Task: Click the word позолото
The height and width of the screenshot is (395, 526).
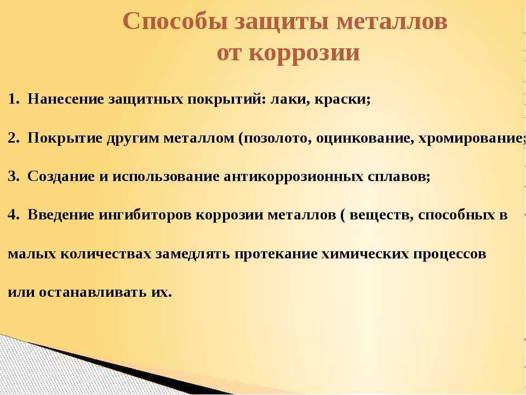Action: coord(276,138)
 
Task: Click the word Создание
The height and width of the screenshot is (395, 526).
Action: coord(61,176)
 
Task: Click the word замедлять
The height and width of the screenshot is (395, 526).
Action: coord(192,254)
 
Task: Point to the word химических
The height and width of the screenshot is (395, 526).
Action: coord(365,254)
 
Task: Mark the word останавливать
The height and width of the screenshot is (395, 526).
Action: coord(93,292)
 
